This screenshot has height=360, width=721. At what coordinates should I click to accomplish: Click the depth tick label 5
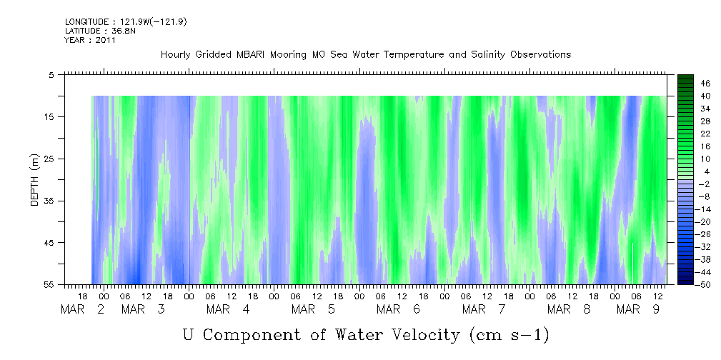click(x=51, y=74)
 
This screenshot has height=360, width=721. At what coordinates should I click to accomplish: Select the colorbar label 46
click(x=686, y=83)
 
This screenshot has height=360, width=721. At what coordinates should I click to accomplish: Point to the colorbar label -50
click(x=685, y=284)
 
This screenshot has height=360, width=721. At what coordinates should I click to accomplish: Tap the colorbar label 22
click(x=686, y=133)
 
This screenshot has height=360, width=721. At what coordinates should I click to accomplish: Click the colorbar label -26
click(x=685, y=234)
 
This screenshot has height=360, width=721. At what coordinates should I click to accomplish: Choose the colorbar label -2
click(x=685, y=184)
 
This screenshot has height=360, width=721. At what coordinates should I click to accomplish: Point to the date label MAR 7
click(x=484, y=309)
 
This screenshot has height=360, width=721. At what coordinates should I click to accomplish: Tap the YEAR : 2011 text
click(x=89, y=40)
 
